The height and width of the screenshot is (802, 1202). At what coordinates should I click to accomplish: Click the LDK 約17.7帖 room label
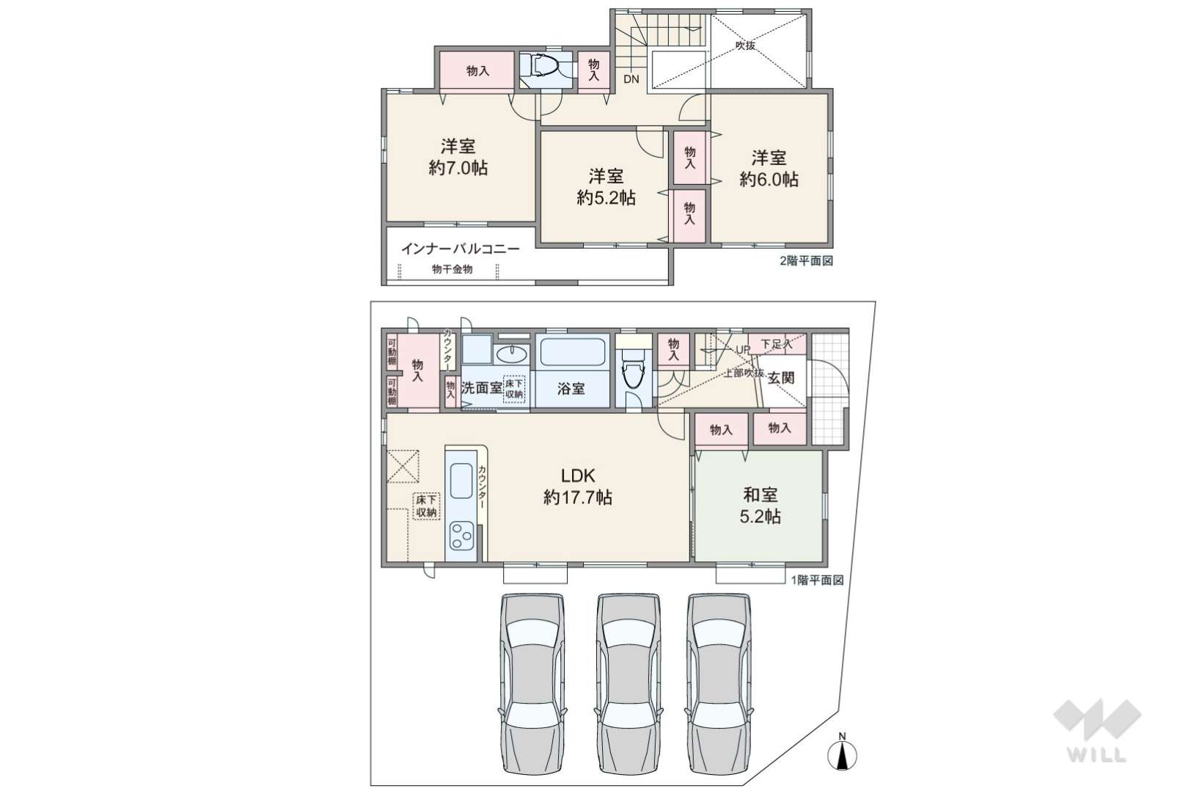tap(578, 486)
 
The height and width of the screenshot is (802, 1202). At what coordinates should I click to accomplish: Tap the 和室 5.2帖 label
tap(761, 505)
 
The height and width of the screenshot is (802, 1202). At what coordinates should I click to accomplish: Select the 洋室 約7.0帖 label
tap(458, 157)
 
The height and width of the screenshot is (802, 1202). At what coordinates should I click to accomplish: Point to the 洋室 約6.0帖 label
tap(769, 168)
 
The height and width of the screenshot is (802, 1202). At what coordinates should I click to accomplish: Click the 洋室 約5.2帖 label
tap(607, 187)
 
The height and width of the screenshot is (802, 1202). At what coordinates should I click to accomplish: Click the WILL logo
tap(1097, 730)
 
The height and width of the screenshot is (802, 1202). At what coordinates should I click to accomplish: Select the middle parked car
tap(629, 684)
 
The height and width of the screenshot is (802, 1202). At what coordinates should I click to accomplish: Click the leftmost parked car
tap(533, 684)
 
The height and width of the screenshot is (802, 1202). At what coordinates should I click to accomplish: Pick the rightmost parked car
tap(719, 684)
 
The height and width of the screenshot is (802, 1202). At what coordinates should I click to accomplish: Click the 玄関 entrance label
tap(781, 378)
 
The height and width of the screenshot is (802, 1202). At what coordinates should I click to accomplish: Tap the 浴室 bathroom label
tap(571, 388)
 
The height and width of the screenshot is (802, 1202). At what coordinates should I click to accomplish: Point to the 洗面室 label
tap(481, 387)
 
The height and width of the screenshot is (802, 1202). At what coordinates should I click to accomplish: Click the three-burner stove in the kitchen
tap(461, 535)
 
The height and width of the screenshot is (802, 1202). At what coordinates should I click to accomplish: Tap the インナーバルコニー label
tap(461, 249)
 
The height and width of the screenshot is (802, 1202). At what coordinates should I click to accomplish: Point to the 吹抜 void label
tap(745, 45)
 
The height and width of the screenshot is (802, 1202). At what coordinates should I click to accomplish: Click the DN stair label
tap(631, 79)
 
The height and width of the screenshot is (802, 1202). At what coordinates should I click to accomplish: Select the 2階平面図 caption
tap(806, 261)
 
